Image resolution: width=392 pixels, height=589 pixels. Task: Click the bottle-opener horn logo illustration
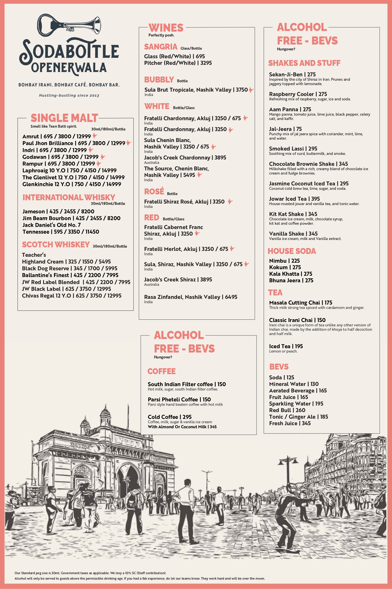coord(69,25)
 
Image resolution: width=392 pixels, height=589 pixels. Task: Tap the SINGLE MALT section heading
coord(64,118)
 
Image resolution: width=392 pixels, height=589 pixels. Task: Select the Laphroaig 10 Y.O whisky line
coord(69,171)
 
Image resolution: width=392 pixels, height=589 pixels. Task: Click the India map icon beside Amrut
coord(95,136)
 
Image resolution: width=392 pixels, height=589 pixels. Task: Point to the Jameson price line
coord(58,211)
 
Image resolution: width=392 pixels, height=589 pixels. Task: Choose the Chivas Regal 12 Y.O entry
coord(71,296)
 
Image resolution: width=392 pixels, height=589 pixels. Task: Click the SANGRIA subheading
coord(161,47)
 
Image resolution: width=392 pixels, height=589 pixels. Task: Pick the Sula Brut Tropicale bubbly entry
coord(196,90)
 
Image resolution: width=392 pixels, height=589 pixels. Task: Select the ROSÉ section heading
coord(154,192)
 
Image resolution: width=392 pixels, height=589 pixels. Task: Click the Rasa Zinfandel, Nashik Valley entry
coord(191,297)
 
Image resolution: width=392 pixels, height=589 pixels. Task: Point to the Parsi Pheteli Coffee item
coord(179,399)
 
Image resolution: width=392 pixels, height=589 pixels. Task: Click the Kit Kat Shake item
coord(293,214)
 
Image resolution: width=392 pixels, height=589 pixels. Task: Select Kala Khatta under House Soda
coord(291,274)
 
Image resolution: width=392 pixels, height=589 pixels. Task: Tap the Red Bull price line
coord(287,410)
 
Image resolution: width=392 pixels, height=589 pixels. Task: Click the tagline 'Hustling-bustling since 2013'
coord(69,95)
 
